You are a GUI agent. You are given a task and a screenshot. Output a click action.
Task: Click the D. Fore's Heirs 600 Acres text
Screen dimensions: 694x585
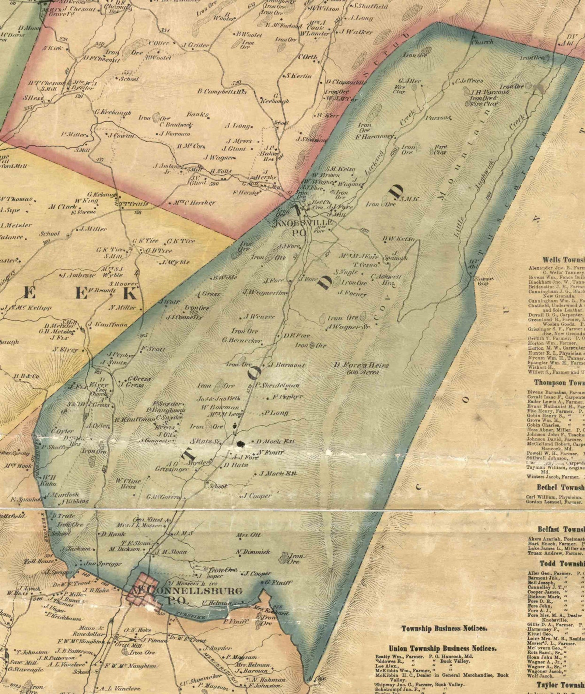(361, 368)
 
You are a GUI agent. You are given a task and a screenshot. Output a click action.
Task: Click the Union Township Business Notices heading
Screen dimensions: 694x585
(443, 648)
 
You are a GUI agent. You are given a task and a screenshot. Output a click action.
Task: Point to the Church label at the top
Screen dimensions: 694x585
(482, 42)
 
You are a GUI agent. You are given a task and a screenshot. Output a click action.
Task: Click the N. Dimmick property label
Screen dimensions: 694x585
(253, 552)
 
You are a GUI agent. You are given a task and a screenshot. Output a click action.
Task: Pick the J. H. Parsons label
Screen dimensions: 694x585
(490, 92)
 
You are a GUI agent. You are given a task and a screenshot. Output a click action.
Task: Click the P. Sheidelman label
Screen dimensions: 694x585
(277, 385)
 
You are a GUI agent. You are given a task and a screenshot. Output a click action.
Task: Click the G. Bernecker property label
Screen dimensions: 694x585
(242, 340)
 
